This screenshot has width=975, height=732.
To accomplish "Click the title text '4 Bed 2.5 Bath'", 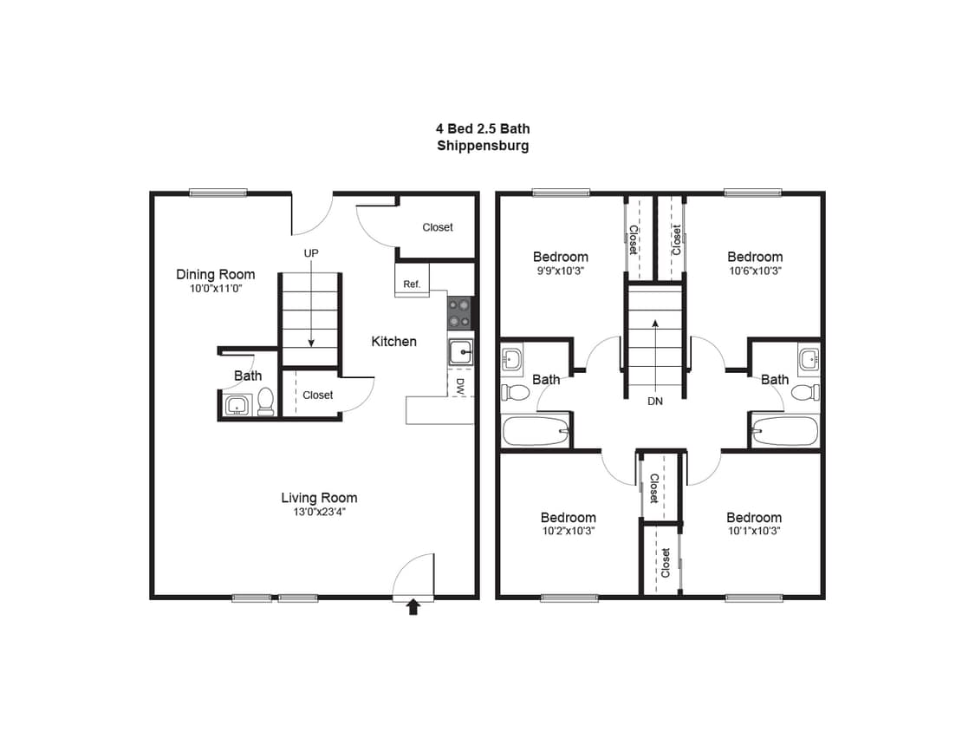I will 483,128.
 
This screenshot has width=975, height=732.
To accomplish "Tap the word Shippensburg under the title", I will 483,146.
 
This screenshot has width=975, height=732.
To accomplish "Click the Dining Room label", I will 216,274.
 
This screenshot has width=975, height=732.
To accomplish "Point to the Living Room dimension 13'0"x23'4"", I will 319,512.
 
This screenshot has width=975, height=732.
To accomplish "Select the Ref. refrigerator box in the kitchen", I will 412,284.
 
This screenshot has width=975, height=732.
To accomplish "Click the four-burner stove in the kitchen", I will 459,312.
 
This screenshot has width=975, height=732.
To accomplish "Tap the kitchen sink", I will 459,352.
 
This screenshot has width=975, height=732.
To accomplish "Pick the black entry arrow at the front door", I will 413,608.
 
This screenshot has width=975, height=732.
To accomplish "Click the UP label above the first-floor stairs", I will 310,253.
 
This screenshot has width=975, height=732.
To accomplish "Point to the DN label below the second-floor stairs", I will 654,402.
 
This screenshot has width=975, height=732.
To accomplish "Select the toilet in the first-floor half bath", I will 265,401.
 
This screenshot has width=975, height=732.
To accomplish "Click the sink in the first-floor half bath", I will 237,404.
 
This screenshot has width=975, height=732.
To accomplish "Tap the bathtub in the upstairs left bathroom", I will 536,430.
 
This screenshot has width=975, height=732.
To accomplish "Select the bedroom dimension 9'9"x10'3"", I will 560,271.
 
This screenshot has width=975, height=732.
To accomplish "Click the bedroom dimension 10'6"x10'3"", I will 755,271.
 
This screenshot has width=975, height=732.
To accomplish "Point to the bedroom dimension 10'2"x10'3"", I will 568,531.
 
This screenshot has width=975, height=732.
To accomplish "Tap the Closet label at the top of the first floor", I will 438,227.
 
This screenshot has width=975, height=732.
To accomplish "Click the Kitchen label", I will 393,342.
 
